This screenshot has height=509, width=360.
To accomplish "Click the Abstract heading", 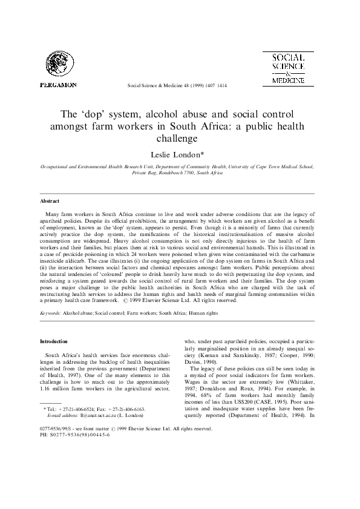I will tap(50, 200).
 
